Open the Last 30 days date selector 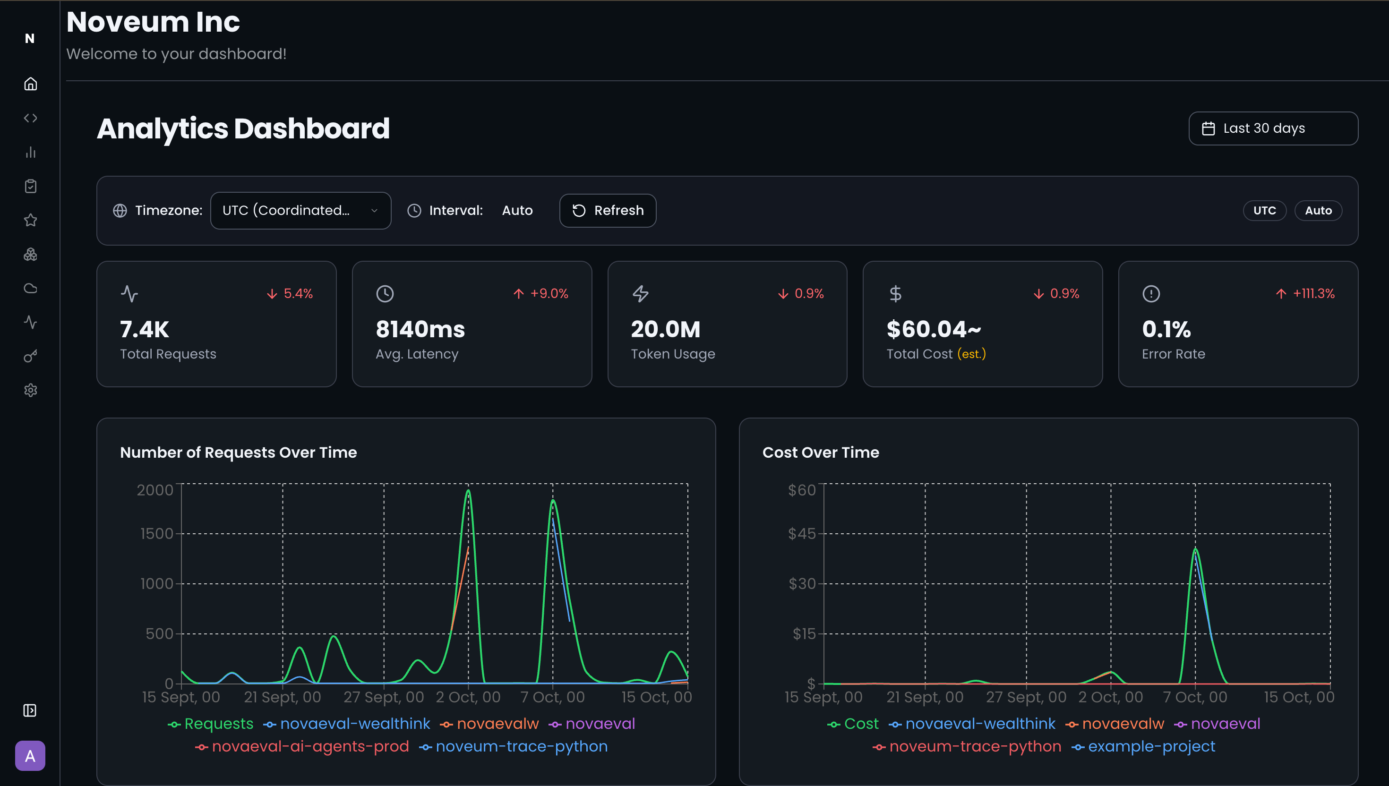1272,128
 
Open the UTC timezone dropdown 300,211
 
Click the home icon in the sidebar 30,84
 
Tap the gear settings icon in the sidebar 30,390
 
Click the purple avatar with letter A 30,756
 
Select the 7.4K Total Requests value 144,329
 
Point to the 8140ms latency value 420,329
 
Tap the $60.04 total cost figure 934,329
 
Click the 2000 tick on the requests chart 154,490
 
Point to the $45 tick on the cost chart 802,534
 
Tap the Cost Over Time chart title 821,453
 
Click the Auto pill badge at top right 1318,211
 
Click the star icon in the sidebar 30,220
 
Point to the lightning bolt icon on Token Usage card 640,294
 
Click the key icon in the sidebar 30,356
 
